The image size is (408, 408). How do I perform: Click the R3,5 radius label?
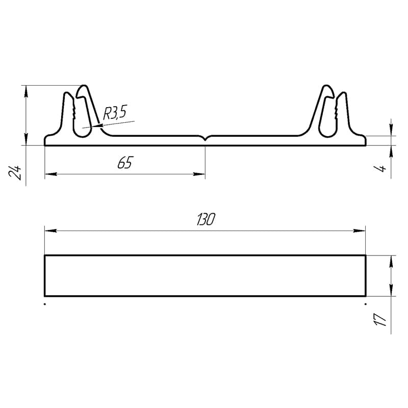click(x=115, y=113)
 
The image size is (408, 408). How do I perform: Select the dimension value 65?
click(x=125, y=163)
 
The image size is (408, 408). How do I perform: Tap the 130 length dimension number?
click(x=206, y=219)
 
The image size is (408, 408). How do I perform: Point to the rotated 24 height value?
click(x=15, y=172)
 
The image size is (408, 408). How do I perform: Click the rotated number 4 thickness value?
click(x=380, y=168)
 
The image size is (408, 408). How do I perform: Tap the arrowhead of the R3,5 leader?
click(x=97, y=126)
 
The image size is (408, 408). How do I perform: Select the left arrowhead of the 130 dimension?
click(x=50, y=231)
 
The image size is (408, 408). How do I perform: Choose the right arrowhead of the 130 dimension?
click(x=360, y=231)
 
